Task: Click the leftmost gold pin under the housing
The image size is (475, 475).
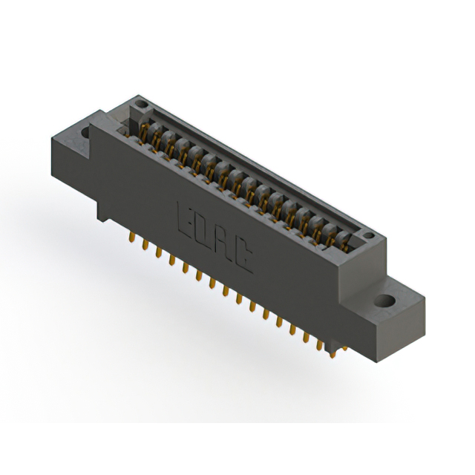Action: pos(131,239)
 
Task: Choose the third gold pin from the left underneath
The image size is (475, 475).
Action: pos(158,254)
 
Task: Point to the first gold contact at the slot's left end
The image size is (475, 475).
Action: pos(142,132)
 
